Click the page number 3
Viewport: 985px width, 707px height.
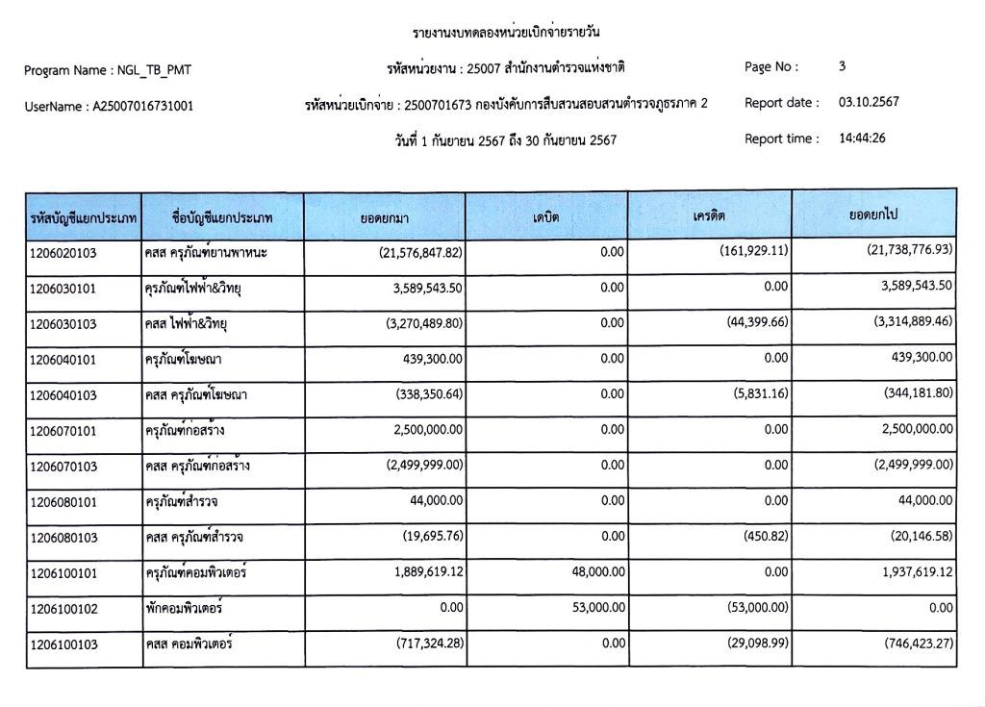(843, 66)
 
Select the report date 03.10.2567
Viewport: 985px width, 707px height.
(869, 102)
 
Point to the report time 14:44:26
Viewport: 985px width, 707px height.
(862, 139)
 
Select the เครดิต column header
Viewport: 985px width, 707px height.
(709, 216)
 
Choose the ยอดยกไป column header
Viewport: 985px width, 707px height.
(873, 215)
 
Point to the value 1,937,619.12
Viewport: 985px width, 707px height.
(915, 571)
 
